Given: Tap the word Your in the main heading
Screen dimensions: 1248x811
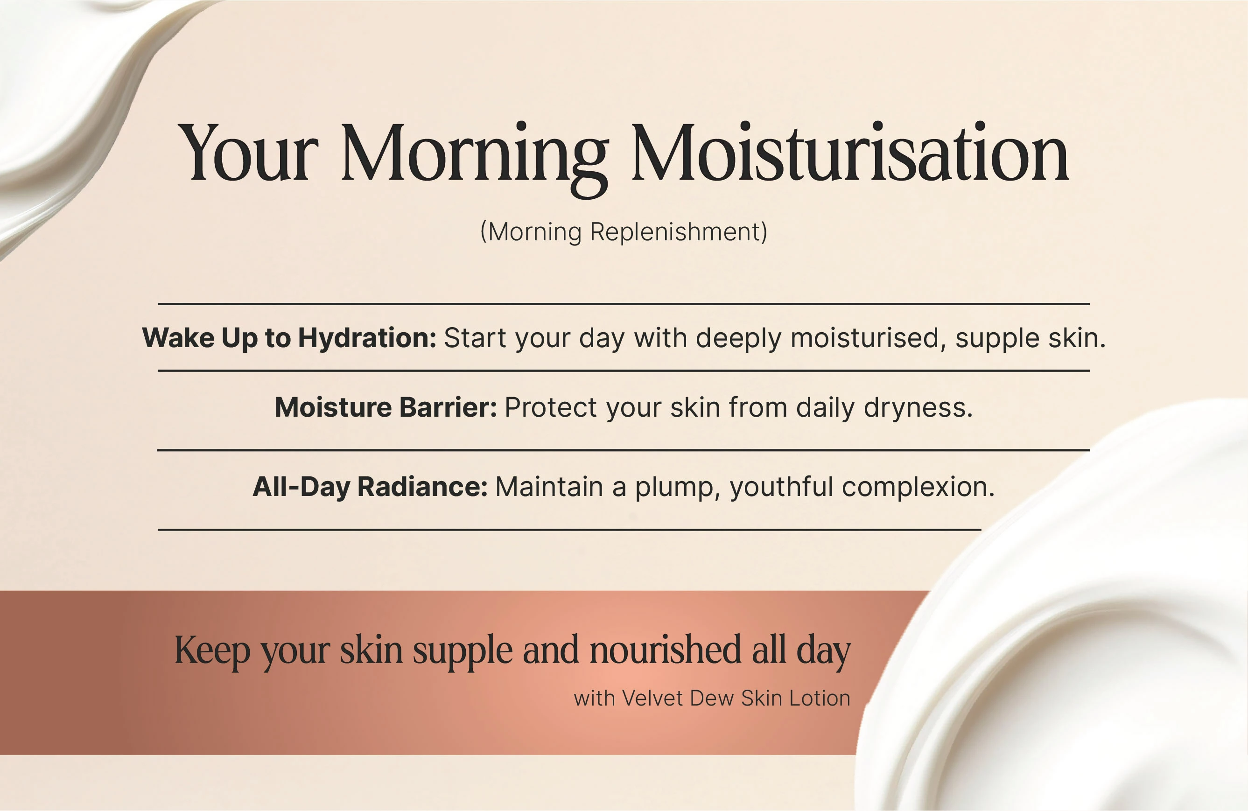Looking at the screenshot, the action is click(x=248, y=153).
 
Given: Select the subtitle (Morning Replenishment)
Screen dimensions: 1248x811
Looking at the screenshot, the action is click(x=624, y=232).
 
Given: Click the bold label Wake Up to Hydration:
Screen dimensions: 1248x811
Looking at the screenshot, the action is click(x=289, y=338).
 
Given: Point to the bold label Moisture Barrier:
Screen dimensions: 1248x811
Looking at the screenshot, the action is click(x=386, y=407).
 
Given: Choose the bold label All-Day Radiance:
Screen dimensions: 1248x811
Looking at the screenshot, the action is click(x=370, y=487).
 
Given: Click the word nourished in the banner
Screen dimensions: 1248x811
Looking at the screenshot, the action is click(x=666, y=650).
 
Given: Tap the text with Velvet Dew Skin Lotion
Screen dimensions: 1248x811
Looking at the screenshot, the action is click(x=712, y=698).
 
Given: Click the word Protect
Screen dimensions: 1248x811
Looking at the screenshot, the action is click(x=551, y=408).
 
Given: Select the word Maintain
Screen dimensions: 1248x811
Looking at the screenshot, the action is click(x=549, y=487).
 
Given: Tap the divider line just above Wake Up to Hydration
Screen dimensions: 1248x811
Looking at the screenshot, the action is click(x=624, y=303).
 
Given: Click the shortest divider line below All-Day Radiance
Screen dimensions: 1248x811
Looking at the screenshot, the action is click(x=569, y=530).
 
